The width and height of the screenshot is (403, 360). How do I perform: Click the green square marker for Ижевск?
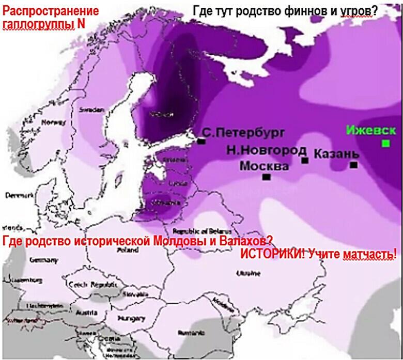coord(385,143)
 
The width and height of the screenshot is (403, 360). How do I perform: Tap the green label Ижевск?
coord(371,130)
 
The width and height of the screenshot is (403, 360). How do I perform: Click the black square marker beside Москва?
coord(267,177)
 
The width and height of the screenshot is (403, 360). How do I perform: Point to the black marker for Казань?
coord(354,165)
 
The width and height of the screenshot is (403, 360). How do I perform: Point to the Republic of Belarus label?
coord(200,231)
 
